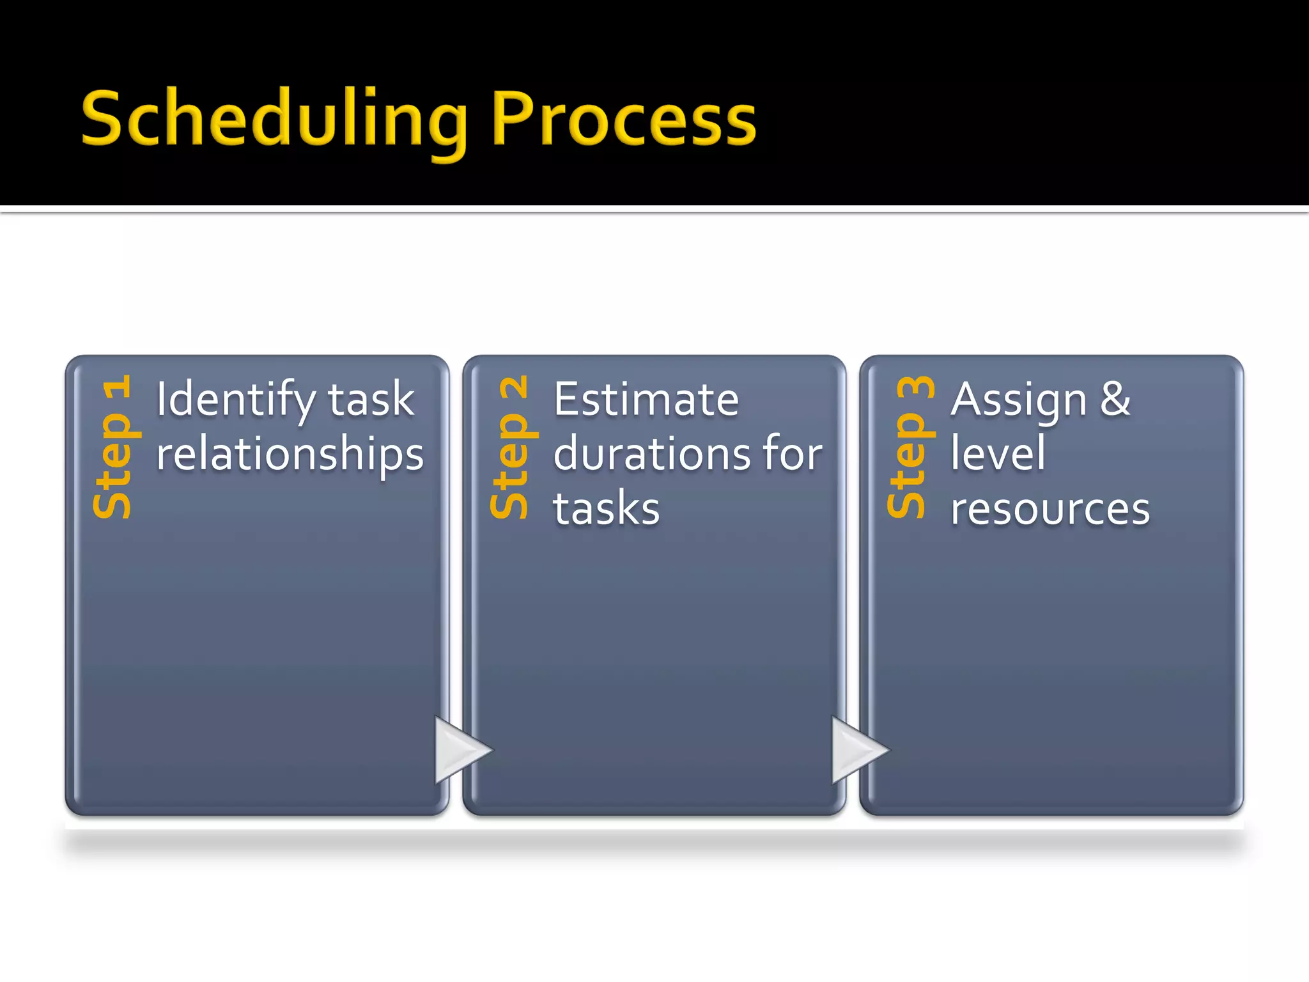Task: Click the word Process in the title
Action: coord(624,120)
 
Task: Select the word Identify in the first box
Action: coord(236,400)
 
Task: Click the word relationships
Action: coord(290,455)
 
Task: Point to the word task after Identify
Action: coord(371,400)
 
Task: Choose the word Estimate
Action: coord(646,400)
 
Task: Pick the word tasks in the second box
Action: coord(606,510)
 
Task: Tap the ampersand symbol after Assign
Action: coord(1115,400)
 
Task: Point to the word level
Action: coord(998,454)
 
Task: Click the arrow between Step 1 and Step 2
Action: coord(459,750)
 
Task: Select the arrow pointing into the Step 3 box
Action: coord(855,750)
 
